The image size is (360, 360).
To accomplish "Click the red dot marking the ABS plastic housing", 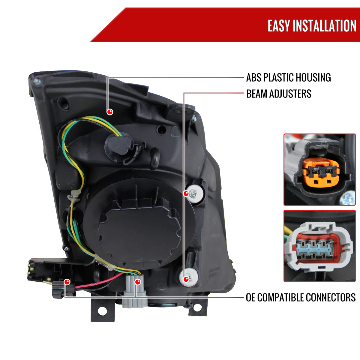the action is click(110, 112).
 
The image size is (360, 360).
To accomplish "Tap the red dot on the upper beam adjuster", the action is click(186, 193).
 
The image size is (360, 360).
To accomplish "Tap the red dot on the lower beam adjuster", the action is click(186, 279).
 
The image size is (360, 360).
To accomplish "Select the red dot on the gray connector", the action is click(138, 282).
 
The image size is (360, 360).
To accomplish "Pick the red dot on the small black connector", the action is click(67, 282).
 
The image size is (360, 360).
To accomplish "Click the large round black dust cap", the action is click(139, 224).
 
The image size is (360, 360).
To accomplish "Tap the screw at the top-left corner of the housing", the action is click(37, 82).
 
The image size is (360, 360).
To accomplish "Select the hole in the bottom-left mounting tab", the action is click(102, 311).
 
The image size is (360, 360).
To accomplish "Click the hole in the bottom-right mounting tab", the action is click(197, 307).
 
